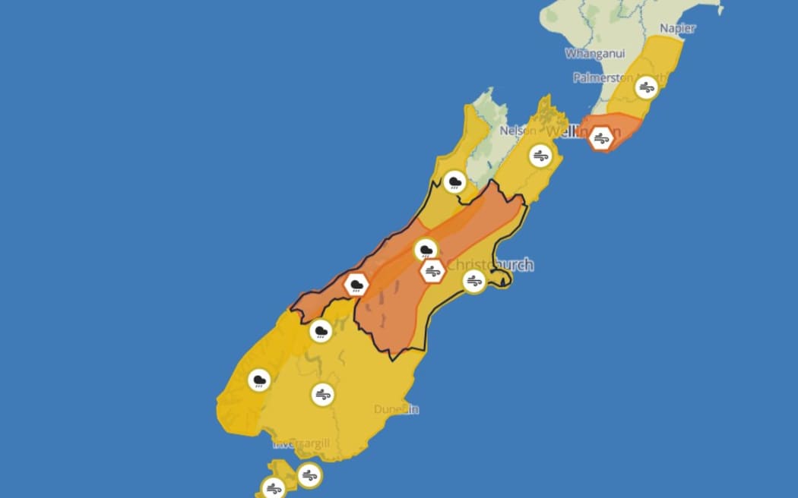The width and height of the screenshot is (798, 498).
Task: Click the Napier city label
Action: click(677, 28)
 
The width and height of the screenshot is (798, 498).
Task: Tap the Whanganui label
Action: click(596, 54)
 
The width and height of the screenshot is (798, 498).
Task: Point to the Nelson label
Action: click(518, 131)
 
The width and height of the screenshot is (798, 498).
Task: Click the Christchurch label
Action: click(490, 265)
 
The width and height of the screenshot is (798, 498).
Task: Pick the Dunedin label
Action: click(397, 409)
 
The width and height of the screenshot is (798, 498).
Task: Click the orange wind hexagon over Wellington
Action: click(601, 138)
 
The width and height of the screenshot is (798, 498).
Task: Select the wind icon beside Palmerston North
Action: click(646, 87)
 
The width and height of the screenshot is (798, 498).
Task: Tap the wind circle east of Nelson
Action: click(540, 156)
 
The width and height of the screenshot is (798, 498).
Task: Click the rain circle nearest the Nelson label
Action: click(455, 181)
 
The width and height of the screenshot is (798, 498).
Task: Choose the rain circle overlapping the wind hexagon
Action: click(426, 250)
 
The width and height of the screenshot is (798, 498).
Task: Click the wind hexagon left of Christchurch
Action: click(432, 271)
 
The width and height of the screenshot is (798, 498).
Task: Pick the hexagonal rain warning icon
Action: click(356, 285)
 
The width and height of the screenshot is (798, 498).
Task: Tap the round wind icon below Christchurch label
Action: click(474, 282)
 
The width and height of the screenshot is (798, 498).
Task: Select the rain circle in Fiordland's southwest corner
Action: click(259, 380)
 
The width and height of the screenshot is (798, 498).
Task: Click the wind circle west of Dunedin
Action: click(323, 394)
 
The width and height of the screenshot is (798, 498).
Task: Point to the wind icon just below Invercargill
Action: click(309, 475)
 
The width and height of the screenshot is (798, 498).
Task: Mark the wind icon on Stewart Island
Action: click(274, 488)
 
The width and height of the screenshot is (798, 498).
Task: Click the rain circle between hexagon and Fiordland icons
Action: click(321, 331)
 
